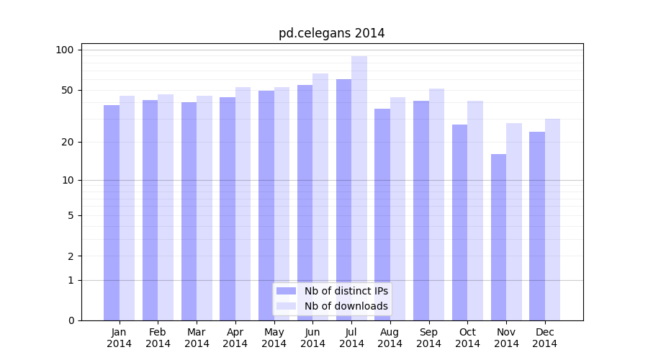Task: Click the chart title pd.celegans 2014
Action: point(331,33)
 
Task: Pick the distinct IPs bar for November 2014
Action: point(498,237)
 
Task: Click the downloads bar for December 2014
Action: point(552,220)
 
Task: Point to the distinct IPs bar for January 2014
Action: point(112,212)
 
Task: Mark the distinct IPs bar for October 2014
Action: point(459,222)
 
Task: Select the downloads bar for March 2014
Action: point(204,208)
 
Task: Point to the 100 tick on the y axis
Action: point(65,50)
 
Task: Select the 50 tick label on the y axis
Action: point(67,90)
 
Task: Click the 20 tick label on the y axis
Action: point(67,142)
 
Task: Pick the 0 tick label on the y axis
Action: point(71,320)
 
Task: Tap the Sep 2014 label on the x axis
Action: point(428,338)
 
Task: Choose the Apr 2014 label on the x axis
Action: point(235,338)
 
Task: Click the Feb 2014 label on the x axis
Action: point(158,338)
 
